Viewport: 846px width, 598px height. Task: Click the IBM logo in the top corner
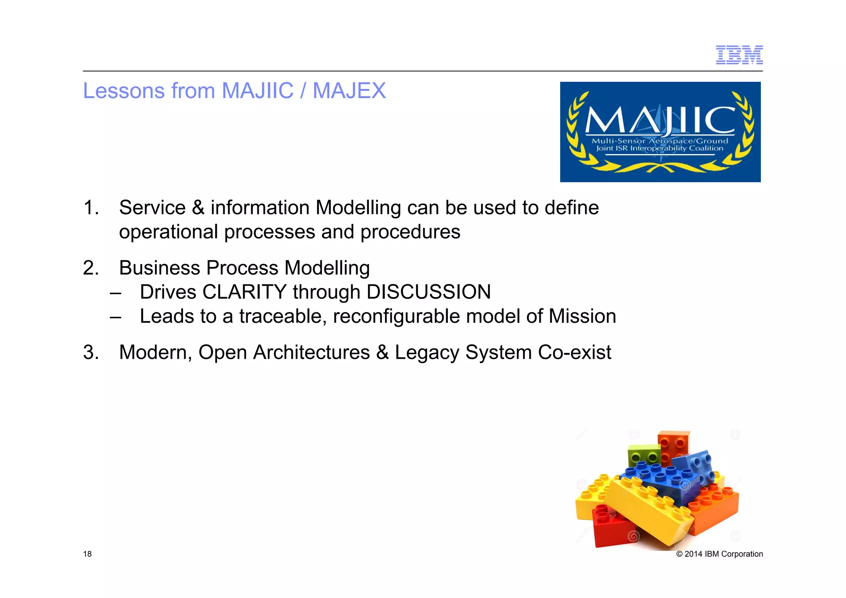click(x=739, y=55)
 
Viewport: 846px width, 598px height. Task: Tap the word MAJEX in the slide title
click(x=349, y=91)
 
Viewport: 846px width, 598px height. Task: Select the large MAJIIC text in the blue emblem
click(x=660, y=120)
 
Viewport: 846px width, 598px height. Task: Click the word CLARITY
click(x=244, y=292)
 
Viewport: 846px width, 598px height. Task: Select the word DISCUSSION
click(x=428, y=292)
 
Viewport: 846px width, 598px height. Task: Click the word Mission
click(x=582, y=317)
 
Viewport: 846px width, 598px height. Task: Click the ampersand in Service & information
click(x=198, y=207)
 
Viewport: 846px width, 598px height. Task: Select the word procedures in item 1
click(x=410, y=232)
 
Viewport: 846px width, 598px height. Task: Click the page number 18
click(x=87, y=554)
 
